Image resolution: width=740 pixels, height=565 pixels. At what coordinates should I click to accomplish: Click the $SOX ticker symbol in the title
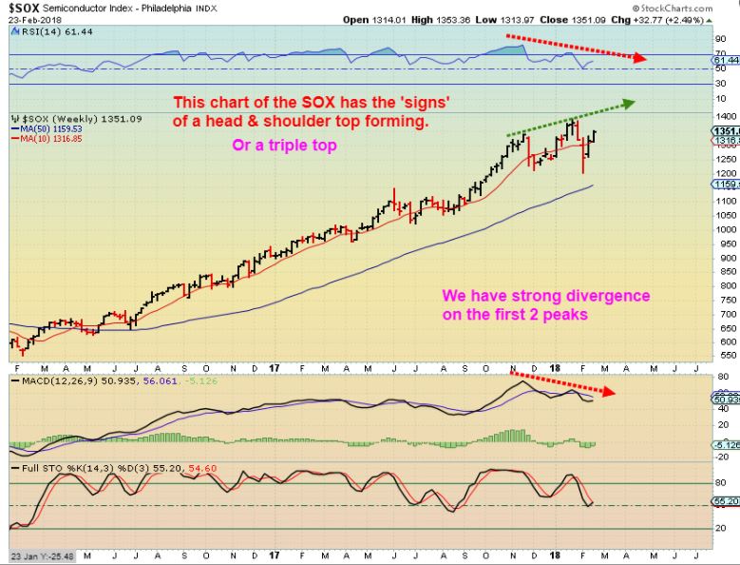click(x=24, y=8)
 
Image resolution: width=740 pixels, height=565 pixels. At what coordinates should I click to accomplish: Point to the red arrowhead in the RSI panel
click(x=641, y=58)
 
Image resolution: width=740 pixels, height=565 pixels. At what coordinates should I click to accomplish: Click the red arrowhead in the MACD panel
click(x=609, y=391)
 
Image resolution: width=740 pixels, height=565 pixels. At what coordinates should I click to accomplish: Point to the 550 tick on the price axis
click(x=724, y=355)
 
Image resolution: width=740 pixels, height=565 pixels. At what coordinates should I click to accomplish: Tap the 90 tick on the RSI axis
click(x=721, y=37)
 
